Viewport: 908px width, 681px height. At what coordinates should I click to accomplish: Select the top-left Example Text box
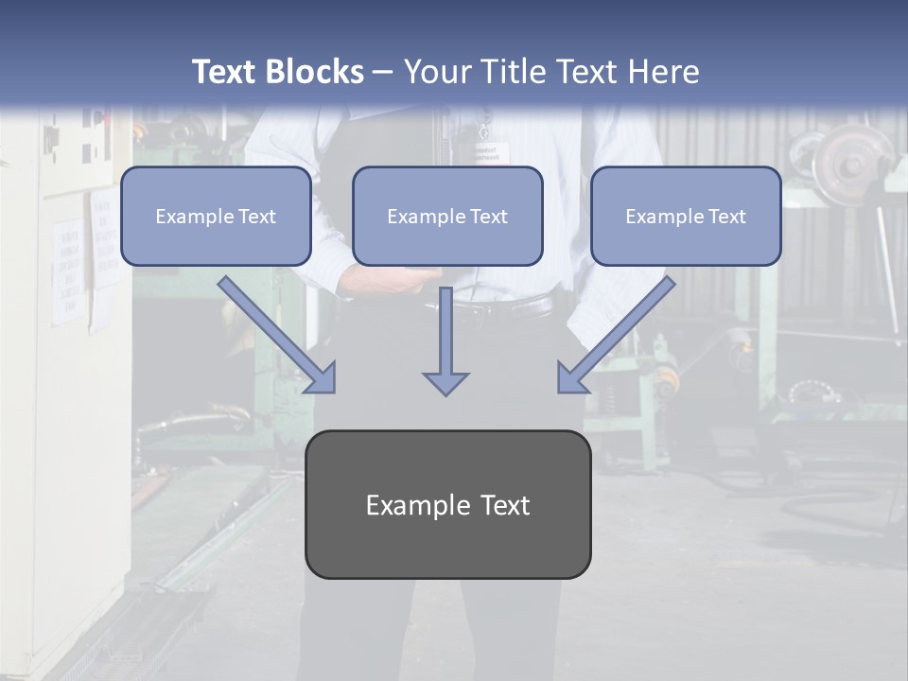(x=216, y=216)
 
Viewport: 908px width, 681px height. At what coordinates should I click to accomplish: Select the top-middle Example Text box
(x=447, y=216)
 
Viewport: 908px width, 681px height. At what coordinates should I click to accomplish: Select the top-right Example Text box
(x=686, y=216)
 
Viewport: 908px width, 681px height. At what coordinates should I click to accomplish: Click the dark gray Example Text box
(x=447, y=504)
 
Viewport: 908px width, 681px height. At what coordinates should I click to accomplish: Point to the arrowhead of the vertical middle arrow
(x=445, y=383)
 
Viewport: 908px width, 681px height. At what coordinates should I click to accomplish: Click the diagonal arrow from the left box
(x=277, y=335)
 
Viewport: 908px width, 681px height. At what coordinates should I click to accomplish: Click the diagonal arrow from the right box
(x=616, y=335)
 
